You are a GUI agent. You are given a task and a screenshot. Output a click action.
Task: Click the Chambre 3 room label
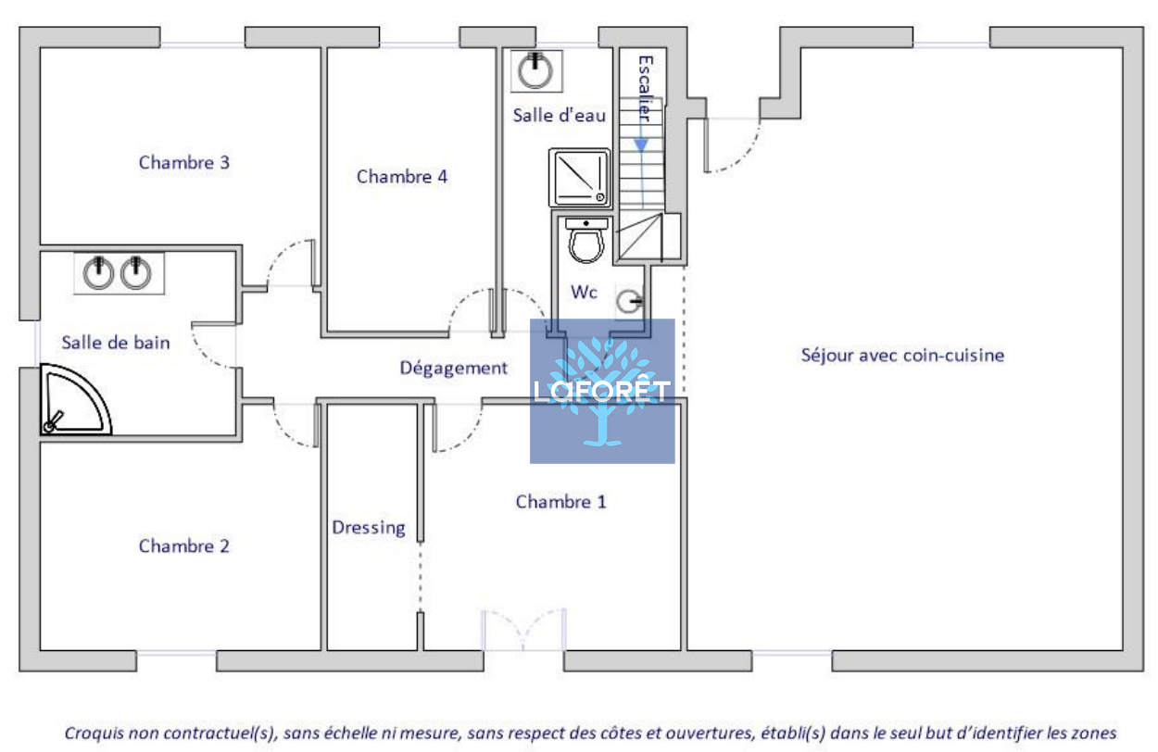click(184, 163)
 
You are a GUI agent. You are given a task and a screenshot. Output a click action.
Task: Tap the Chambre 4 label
click(402, 177)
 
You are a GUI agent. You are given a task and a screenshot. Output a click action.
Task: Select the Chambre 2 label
click(184, 546)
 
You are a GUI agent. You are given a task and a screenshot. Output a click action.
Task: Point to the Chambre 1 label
click(560, 502)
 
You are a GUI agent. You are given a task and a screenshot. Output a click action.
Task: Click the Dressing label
click(369, 528)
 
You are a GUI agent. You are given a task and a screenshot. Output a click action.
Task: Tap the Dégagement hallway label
click(453, 368)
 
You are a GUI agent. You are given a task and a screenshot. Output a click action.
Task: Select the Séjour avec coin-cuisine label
click(902, 356)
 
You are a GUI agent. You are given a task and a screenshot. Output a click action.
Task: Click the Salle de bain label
click(116, 343)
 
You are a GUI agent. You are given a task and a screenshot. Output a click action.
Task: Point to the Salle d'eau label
click(559, 115)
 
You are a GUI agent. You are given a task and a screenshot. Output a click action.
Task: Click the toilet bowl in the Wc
click(586, 242)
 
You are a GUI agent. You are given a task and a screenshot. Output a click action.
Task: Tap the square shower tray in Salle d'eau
click(580, 178)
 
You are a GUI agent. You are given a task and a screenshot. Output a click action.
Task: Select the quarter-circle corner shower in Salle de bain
click(75, 399)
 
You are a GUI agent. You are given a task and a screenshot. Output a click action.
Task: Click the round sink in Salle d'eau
click(535, 70)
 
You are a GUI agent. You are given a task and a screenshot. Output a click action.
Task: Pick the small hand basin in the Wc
click(629, 301)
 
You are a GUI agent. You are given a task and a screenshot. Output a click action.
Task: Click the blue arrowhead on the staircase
click(642, 144)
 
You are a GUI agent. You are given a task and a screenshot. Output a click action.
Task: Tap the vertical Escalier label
click(646, 88)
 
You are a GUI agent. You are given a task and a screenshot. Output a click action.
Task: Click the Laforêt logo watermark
click(602, 391)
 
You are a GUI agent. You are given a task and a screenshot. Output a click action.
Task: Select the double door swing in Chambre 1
click(523, 630)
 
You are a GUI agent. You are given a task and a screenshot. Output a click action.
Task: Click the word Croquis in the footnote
click(94, 733)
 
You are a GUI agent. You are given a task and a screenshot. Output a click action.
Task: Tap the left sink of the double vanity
click(98, 273)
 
